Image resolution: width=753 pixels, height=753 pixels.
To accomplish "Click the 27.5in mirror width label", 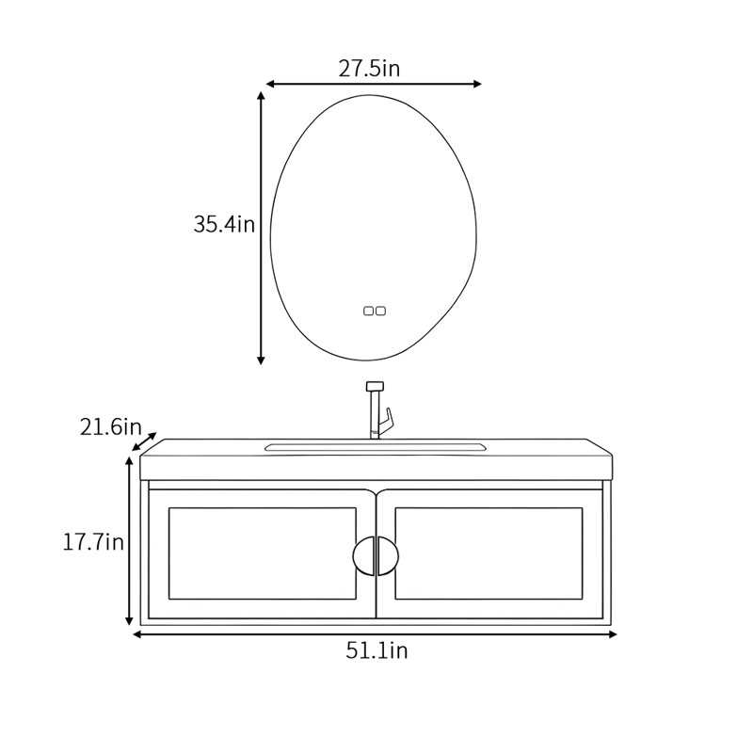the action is click(369, 69).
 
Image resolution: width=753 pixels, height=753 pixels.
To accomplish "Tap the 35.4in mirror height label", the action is click(224, 224).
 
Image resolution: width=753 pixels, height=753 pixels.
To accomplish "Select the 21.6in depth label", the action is click(110, 427).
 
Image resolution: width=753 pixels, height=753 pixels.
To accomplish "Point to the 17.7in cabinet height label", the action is click(93, 543).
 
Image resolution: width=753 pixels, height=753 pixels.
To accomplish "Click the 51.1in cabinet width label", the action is click(376, 651).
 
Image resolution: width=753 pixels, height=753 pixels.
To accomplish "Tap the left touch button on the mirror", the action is click(368, 312).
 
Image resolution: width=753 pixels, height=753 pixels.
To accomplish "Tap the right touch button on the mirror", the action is click(380, 312).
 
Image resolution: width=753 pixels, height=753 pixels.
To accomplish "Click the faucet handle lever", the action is click(386, 421).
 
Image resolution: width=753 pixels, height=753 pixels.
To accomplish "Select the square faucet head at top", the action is click(375, 386).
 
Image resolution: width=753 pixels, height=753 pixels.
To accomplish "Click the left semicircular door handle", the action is click(363, 556).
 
